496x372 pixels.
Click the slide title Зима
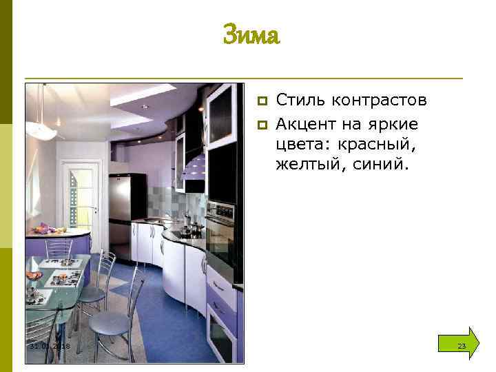pyautogui.click(x=251, y=34)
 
